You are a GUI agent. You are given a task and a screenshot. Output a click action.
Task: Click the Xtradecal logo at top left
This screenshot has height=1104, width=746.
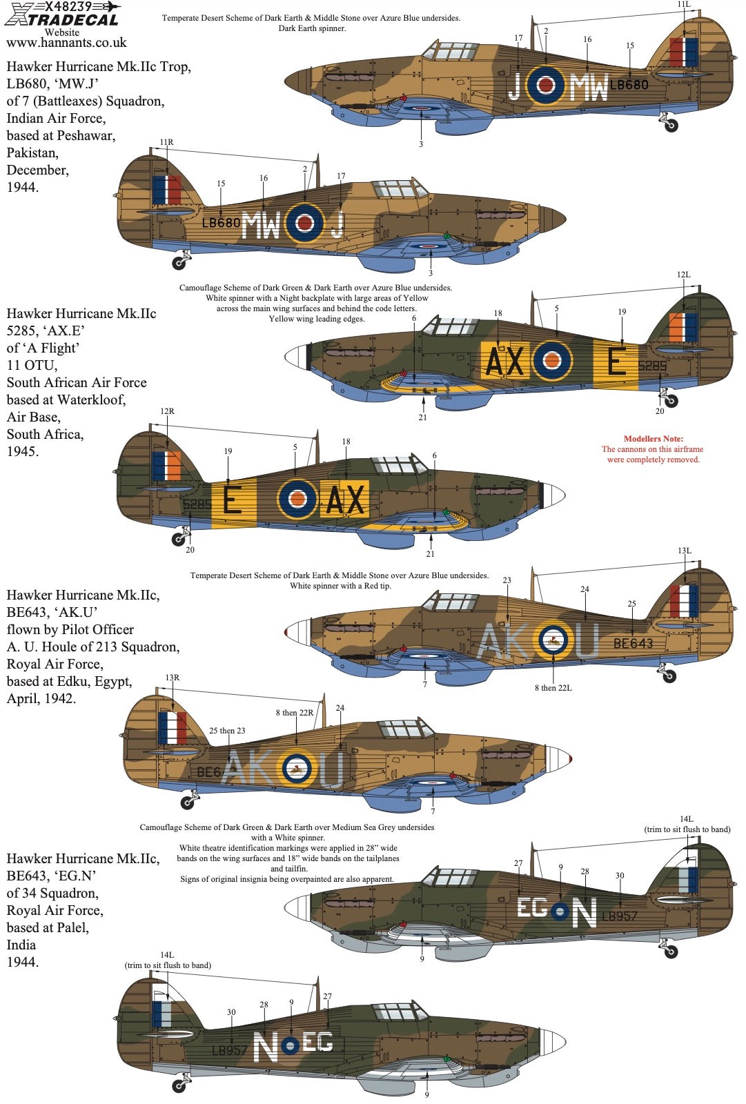(x=62, y=14)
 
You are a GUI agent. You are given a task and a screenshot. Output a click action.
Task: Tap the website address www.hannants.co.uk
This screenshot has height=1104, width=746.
(x=66, y=43)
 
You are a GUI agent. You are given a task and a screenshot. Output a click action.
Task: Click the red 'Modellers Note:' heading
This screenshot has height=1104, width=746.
(x=653, y=439)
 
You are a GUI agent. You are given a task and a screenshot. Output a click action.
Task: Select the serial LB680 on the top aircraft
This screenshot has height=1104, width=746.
(x=629, y=85)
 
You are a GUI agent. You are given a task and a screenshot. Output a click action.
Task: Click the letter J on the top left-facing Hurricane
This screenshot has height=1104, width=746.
(x=514, y=86)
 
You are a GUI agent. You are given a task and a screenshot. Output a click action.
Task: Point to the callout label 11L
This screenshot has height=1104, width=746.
(x=683, y=5)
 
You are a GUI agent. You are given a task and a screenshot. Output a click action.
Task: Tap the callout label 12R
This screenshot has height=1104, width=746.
(x=167, y=411)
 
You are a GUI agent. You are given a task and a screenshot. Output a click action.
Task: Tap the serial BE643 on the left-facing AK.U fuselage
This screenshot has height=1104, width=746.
(x=633, y=644)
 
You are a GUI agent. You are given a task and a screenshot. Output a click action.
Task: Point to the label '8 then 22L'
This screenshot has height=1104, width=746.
(x=553, y=688)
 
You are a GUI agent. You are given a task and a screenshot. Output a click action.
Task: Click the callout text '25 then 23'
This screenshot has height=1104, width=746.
(x=227, y=731)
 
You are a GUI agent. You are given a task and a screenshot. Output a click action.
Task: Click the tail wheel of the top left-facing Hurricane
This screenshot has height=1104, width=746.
(x=670, y=125)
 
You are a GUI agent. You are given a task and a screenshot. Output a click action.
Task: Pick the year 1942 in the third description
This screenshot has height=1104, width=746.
(x=58, y=698)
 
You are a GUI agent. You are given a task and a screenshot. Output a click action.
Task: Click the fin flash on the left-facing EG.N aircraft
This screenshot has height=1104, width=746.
(x=688, y=880)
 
